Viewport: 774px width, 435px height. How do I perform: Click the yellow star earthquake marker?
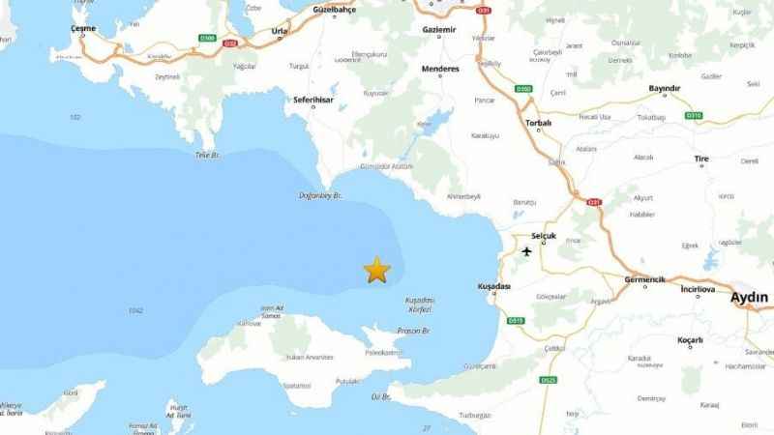(375, 271)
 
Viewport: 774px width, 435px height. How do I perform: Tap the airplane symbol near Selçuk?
(526, 252)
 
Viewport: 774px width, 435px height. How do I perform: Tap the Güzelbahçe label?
(339, 8)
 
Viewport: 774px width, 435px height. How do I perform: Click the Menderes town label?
(440, 70)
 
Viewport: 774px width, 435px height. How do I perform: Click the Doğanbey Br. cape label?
(323, 196)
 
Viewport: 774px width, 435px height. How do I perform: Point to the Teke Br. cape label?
(208, 155)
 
